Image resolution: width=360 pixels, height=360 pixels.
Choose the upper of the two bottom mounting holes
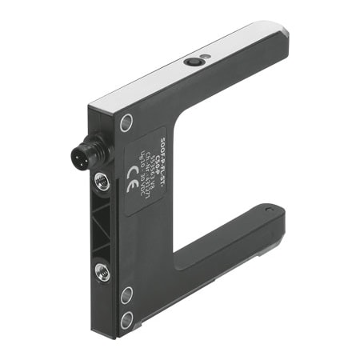[126, 294]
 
